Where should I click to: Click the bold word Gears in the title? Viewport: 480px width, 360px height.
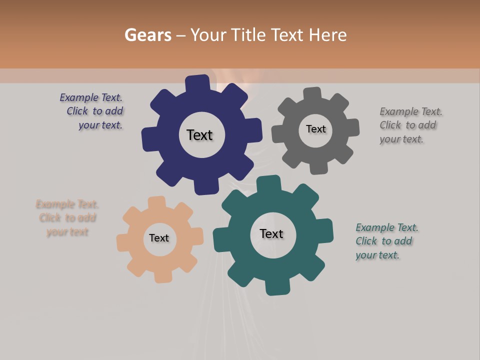[x=147, y=35]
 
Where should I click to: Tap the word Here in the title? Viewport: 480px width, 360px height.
[x=328, y=35]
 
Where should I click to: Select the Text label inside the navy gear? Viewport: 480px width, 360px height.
[x=199, y=135]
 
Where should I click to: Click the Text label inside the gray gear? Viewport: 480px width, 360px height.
[x=315, y=129]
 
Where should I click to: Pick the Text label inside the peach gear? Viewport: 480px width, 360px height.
[x=158, y=238]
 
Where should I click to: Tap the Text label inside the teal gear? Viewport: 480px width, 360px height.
[x=271, y=233]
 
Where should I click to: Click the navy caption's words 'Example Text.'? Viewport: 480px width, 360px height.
[x=91, y=97]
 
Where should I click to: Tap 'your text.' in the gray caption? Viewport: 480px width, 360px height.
[x=401, y=139]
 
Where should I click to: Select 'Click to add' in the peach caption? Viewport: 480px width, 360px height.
[x=67, y=218]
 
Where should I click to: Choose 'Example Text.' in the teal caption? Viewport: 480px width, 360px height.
[x=387, y=227]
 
